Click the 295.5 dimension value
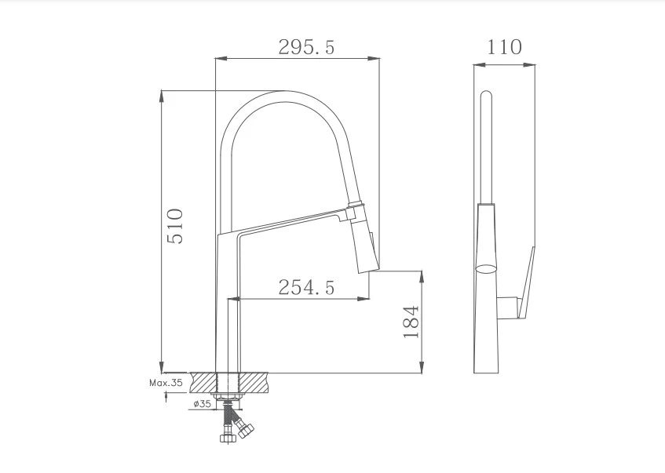[306, 47]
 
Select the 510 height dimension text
[175, 226]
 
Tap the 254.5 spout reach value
[306, 287]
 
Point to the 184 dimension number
[411, 322]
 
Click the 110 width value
[504, 47]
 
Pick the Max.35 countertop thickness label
[166, 383]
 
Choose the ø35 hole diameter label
[203, 404]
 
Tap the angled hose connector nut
[246, 430]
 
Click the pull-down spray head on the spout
[363, 239]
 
